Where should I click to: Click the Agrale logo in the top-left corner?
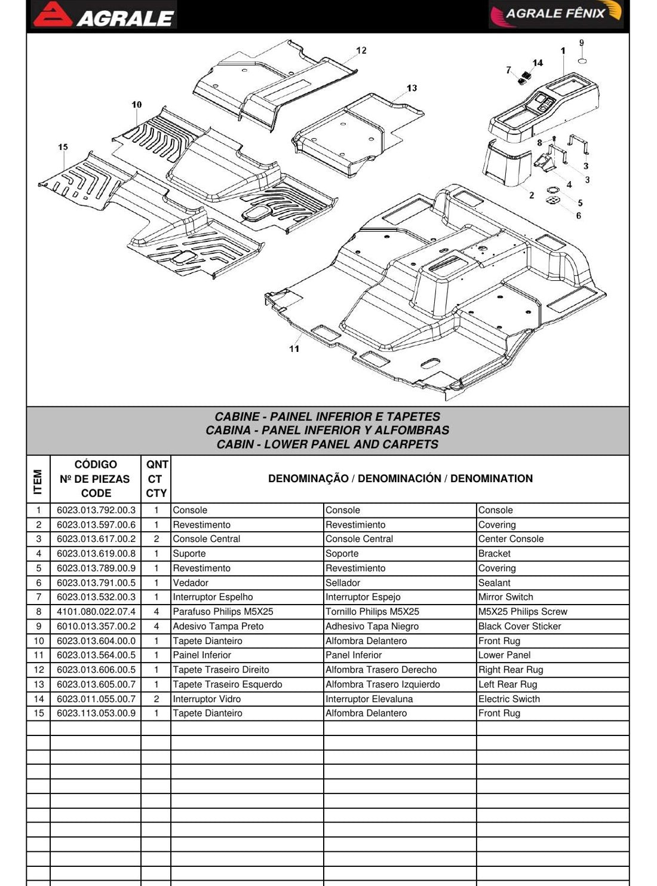[104, 15]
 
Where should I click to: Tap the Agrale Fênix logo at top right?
[555, 14]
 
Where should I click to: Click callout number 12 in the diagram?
[361, 50]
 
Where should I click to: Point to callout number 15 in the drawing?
[63, 147]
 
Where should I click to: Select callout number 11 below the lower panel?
[294, 349]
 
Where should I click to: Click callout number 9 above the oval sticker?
[582, 43]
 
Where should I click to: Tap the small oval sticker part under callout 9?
[583, 61]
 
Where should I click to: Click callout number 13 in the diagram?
[412, 88]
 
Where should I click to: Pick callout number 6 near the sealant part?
[578, 216]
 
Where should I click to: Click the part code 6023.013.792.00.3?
[96, 510]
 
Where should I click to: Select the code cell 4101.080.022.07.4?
[96, 612]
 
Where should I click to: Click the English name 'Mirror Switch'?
[506, 597]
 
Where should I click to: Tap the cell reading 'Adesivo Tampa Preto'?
[218, 626]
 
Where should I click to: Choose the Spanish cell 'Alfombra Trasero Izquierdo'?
[383, 684]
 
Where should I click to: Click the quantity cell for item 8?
[156, 612]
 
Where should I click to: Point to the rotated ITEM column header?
[38, 482]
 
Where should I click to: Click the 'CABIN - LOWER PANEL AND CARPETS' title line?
[327, 444]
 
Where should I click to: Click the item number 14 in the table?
[38, 698]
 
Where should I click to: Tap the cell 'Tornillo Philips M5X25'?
[372, 612]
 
